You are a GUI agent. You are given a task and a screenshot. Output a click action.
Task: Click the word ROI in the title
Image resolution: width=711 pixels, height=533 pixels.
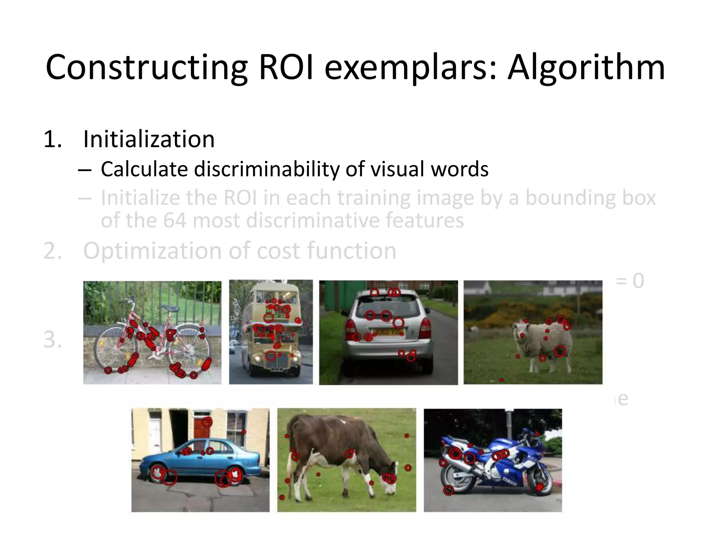pyautogui.click(x=286, y=67)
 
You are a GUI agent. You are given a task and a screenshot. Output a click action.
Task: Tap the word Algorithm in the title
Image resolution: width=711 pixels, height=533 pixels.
pyautogui.click(x=586, y=68)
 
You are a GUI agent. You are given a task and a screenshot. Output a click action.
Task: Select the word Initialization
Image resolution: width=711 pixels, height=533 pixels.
pyautogui.click(x=149, y=139)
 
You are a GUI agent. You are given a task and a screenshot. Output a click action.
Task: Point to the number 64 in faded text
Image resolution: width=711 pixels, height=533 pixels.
pyautogui.click(x=175, y=220)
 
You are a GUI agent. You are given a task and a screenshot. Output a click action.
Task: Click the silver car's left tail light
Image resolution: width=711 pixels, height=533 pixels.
pyautogui.click(x=350, y=328)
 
